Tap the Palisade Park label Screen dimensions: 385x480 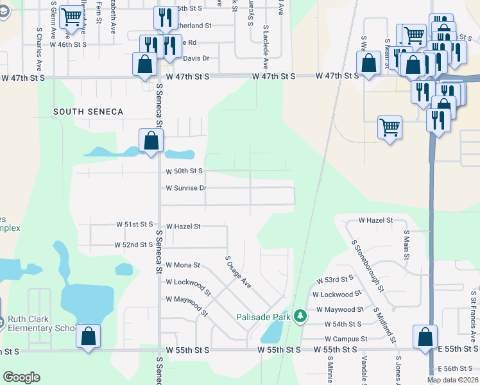tap(263, 316)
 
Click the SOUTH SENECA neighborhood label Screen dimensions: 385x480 tap(88, 112)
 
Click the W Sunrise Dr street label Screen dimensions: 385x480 tap(185, 188)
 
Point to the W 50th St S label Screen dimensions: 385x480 tap(184, 171)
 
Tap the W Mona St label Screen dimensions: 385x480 tap(183, 264)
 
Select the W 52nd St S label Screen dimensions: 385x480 tap(133, 244)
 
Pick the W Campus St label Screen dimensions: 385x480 tap(345, 339)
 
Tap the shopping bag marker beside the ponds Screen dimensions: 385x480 tap(151, 141)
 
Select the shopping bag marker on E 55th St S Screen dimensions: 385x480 tap(425, 337)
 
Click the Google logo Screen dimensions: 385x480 tap(21, 377)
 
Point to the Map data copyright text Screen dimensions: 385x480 tap(453, 380)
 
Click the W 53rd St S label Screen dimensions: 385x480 tap(335, 280)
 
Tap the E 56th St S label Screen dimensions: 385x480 tap(458, 369)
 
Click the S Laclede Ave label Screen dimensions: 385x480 tap(265, 49)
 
